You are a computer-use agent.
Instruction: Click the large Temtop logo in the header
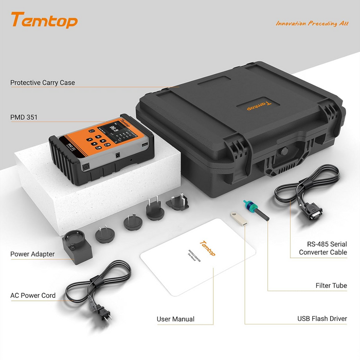44,20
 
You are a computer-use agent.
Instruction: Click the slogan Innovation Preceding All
312,23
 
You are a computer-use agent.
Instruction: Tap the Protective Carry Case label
43,83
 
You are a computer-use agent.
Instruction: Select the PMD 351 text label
24,117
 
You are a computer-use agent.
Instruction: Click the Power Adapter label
32,254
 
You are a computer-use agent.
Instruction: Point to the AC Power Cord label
33,296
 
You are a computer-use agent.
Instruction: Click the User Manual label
175,319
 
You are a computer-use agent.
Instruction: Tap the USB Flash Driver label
322,319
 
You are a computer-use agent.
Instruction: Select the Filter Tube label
331,285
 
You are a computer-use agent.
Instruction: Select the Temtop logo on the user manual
207,248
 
